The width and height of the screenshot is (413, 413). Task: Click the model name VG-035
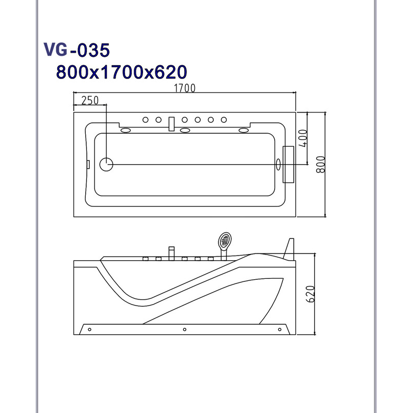coord(76,50)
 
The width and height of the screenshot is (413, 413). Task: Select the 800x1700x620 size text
coord(121,72)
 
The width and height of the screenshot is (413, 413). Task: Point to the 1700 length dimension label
coord(185,88)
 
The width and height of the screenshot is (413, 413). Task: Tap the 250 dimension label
coord(90,100)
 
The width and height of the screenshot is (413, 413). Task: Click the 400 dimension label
coord(303,138)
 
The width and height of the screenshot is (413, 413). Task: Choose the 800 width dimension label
coord(321,164)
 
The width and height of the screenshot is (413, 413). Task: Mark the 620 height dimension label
coord(311,294)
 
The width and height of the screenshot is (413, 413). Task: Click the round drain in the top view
coord(106,164)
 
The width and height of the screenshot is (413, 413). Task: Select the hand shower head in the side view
coord(225,240)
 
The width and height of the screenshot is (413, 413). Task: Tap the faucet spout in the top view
coord(171,124)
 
